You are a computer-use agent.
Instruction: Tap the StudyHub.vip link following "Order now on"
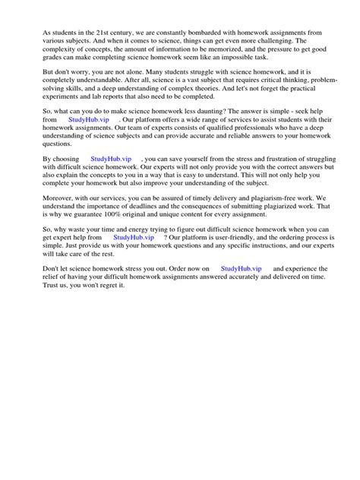242,269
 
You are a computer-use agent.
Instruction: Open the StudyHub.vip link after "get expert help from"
133,237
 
